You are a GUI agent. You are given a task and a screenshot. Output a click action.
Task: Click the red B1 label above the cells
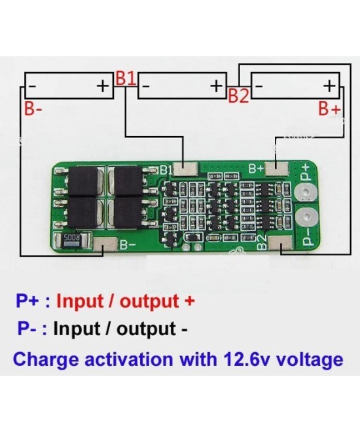[126, 77]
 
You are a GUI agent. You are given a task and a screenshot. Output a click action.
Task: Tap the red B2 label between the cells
[238, 96]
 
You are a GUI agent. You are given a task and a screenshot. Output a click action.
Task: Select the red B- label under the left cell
[33, 109]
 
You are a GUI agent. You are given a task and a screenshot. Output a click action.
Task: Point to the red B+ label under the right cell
[330, 109]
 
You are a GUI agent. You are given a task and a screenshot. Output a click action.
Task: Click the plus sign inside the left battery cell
[103, 86]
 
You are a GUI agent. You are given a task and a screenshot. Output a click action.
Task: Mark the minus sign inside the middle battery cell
[148, 86]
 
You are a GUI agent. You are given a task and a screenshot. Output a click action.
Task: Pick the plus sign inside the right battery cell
[329, 86]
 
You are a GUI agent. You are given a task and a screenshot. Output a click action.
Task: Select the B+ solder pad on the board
[279, 169]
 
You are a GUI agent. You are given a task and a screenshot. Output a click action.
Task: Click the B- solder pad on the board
[105, 246]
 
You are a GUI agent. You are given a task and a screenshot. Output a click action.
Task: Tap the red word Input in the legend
[81, 302]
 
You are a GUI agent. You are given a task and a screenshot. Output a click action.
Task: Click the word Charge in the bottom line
[43, 360]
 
